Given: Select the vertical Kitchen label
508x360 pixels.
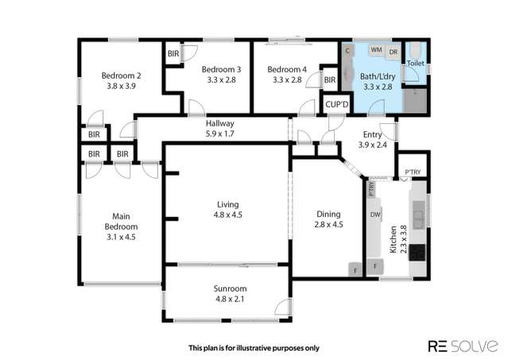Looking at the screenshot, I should pos(393,239).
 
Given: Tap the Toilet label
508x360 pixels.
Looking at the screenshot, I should pos(415,62).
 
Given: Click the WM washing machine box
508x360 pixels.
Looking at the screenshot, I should pos(375,50).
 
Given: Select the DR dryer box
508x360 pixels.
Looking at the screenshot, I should pos(394,51).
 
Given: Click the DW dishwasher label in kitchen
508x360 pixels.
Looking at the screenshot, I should pos(374,215).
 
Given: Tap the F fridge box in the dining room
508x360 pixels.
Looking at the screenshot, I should pos(355,270).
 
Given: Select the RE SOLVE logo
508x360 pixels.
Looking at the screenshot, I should pos(463,346).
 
